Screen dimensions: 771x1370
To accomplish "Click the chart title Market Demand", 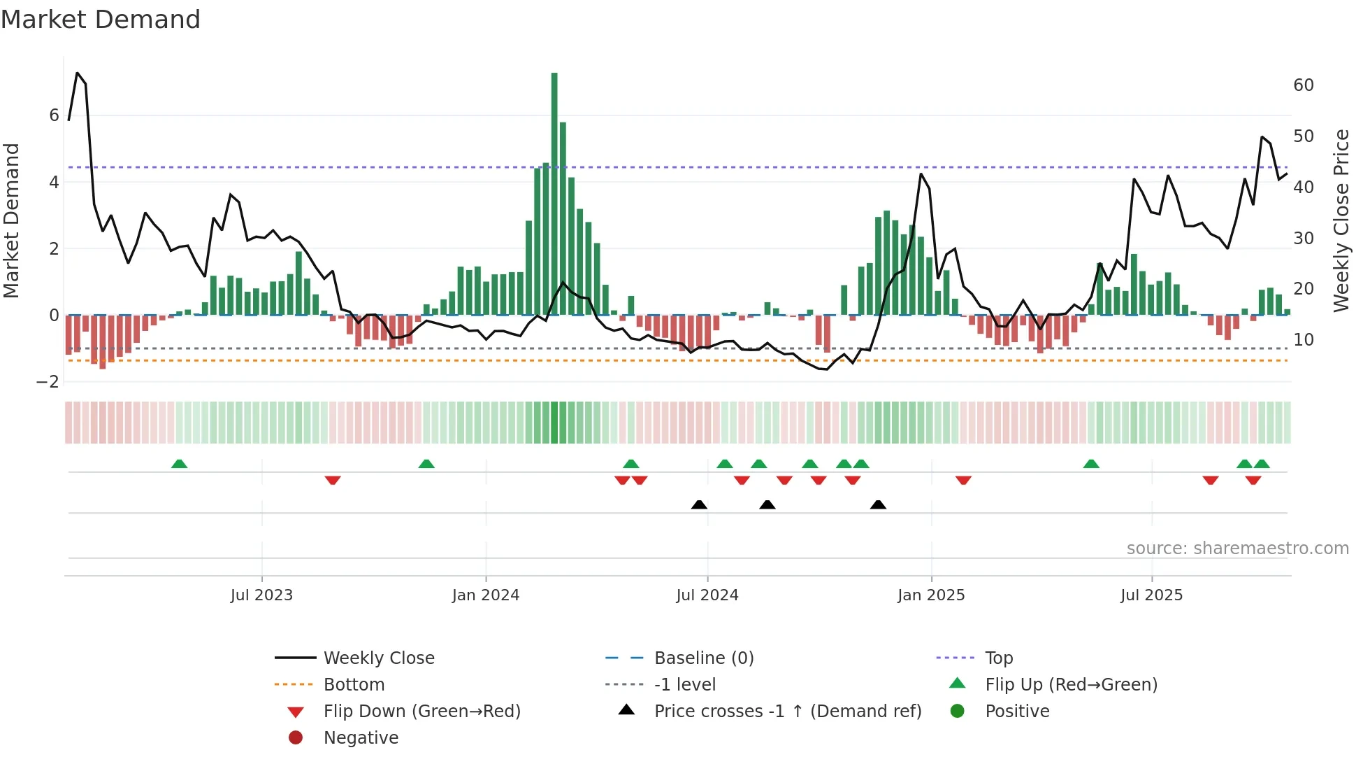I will [101, 20].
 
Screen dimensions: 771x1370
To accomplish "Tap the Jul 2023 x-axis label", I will [261, 595].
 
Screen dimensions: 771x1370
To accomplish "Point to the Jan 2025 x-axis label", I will [931, 595].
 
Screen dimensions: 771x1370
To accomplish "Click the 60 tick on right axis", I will [1304, 85].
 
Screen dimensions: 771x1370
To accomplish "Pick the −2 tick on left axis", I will [48, 382].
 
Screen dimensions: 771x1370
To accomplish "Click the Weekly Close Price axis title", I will [1341, 220].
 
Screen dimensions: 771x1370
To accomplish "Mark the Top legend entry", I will [999, 658].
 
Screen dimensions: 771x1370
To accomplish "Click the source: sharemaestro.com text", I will [1237, 549].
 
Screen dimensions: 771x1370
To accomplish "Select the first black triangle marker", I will [699, 504].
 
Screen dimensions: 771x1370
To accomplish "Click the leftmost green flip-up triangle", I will [179, 464].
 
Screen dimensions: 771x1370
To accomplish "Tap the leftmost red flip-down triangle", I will [333, 480].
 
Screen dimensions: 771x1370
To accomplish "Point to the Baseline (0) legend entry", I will [703, 658].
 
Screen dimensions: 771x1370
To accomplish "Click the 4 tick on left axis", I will [54, 183].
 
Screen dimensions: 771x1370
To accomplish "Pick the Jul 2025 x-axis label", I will [1151, 595].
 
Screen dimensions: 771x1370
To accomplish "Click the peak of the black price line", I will [77, 73].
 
